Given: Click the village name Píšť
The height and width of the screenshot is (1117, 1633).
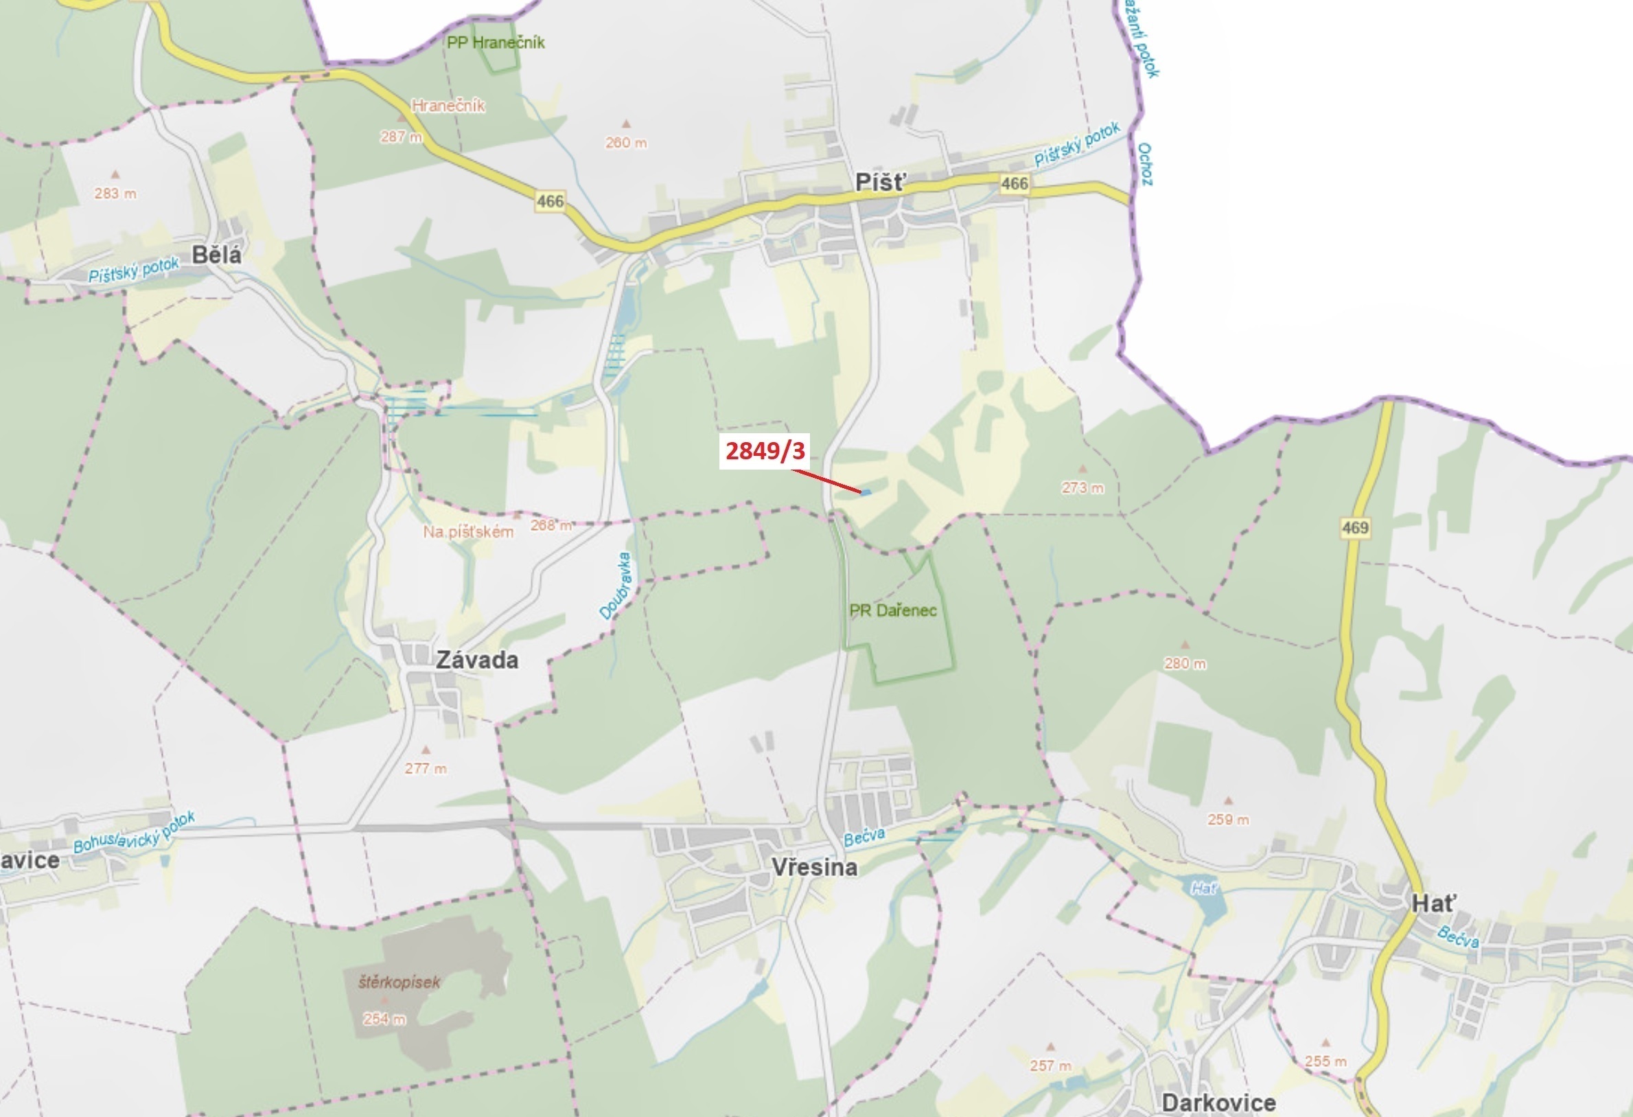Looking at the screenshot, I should (x=881, y=183).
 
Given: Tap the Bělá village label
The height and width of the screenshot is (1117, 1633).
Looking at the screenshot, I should (x=216, y=255).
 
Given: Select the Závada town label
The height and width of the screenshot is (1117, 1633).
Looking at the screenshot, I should (x=477, y=659).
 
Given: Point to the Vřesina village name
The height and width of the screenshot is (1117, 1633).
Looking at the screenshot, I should (x=814, y=866).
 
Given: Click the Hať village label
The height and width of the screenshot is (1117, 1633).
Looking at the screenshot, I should (x=1434, y=903).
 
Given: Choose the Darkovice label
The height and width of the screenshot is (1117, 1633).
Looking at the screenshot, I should (x=1218, y=1102).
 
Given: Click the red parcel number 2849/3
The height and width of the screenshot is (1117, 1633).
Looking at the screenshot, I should (x=765, y=450).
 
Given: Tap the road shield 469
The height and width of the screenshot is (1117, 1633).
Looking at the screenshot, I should (x=1355, y=527).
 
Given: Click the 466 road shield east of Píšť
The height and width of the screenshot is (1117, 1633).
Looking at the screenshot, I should (x=1014, y=183).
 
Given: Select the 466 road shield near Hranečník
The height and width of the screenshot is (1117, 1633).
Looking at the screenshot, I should (x=550, y=201).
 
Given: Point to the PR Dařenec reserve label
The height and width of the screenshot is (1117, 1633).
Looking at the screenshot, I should (x=892, y=610).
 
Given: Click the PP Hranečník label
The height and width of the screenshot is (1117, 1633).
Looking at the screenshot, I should (x=496, y=42).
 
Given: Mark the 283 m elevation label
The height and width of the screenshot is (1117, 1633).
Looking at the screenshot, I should (x=115, y=193).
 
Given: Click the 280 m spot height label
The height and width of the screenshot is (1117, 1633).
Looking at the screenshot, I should (x=1185, y=663).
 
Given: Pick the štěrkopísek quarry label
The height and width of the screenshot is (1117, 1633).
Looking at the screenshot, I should (x=399, y=982).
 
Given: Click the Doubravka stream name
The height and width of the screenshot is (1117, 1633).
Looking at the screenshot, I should (x=616, y=586).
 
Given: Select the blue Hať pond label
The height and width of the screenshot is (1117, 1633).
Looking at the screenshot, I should (x=1204, y=888).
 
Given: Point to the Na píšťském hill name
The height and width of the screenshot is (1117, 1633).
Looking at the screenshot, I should (x=468, y=532).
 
